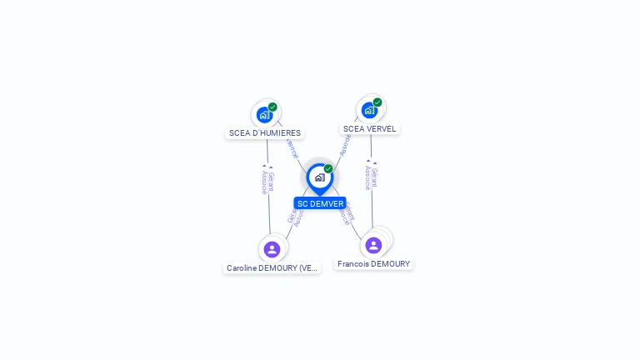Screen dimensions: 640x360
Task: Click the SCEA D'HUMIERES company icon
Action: [264, 114]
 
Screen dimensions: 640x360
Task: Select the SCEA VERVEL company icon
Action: [369, 110]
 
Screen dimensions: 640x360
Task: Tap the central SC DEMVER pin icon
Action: [319, 177]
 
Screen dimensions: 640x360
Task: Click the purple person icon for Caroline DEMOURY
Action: [272, 249]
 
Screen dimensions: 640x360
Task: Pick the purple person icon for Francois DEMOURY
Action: [373, 245]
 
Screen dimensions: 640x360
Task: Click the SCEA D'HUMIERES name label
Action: [264, 133]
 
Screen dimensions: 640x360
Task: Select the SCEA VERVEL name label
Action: [369, 129]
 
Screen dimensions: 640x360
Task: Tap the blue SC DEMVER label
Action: [320, 203]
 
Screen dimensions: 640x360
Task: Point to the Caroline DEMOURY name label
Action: [272, 268]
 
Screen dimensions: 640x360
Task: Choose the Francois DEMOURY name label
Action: [373, 264]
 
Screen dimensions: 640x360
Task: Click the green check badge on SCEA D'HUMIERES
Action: [272, 107]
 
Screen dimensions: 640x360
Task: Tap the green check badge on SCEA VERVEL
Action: [377, 102]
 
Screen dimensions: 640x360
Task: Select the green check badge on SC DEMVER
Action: [328, 169]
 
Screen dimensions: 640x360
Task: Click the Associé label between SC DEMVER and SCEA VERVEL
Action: [345, 145]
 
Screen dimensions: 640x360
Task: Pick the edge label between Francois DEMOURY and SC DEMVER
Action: [347, 215]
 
